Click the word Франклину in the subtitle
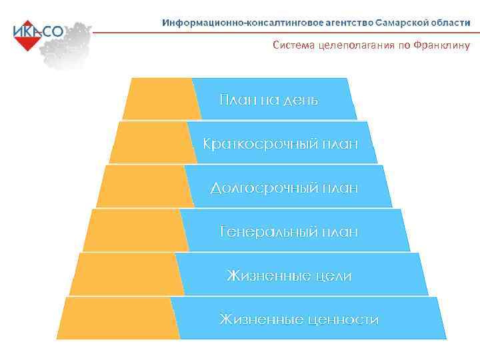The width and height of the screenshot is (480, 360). click(x=441, y=46)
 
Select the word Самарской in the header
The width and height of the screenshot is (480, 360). click(x=401, y=23)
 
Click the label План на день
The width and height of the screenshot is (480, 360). click(x=269, y=101)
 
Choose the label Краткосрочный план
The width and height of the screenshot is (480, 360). click(x=280, y=144)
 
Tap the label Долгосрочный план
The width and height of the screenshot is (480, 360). click(x=284, y=188)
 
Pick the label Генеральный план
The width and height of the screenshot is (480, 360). click(x=289, y=232)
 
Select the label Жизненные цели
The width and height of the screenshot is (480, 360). click(x=289, y=276)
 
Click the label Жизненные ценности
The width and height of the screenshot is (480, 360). click(x=299, y=320)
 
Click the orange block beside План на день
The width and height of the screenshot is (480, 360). click(x=161, y=99)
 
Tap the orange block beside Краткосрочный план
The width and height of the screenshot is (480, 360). click(x=153, y=143)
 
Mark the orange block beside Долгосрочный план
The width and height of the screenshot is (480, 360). click(x=144, y=187)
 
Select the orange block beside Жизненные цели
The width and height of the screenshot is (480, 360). click(x=127, y=274)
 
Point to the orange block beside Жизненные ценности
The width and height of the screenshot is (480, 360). click(x=118, y=318)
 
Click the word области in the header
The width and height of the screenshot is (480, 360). click(x=450, y=23)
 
